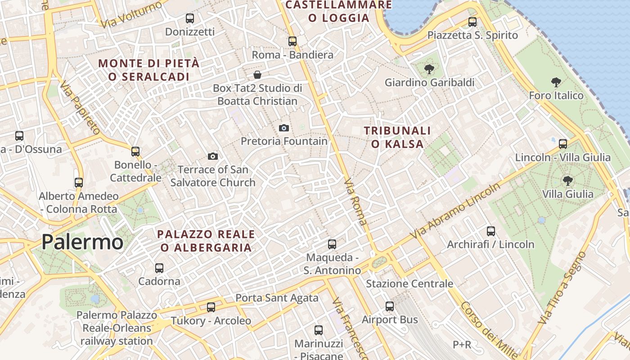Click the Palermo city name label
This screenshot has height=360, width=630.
tap(82, 242)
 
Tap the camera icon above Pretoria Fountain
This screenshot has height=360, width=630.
tap(283, 128)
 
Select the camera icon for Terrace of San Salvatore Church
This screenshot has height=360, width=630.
tap(213, 156)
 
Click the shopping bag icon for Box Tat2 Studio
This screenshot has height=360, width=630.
tap(257, 74)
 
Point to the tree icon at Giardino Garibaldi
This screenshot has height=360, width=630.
tap(429, 69)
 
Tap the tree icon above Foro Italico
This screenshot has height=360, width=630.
tap(556, 82)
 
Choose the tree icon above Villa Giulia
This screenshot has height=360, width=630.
tap(568, 181)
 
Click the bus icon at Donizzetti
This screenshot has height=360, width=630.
tap(190, 18)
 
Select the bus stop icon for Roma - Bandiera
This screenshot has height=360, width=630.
tap(292, 41)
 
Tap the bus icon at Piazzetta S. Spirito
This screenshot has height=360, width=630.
tap(472, 22)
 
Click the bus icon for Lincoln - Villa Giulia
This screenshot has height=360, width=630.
tap(563, 144)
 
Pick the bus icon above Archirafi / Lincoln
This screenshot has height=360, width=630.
tap(491, 231)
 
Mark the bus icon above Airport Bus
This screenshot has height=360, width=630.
tap(390, 306)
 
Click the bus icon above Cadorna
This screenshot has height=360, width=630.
tap(159, 268)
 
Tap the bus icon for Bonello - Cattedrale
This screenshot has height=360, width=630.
tap(135, 152)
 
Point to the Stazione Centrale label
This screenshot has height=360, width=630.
tap(409, 284)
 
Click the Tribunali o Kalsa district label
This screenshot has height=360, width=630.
tap(397, 137)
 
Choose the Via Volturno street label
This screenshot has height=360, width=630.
tap(131, 15)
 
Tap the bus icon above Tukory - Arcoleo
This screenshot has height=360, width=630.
tap(211, 307)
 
